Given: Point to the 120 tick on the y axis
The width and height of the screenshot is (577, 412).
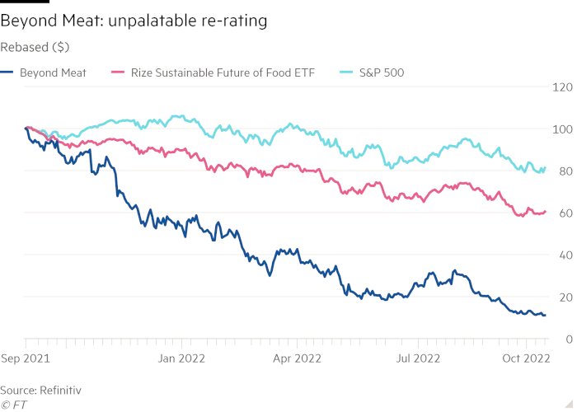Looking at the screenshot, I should click(563, 87).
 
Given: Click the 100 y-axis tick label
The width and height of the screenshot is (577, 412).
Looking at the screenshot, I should click(563, 129).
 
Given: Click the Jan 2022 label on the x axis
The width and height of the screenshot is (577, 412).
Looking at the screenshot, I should click(182, 358).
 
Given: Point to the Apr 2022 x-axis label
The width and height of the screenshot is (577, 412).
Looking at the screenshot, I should click(296, 358).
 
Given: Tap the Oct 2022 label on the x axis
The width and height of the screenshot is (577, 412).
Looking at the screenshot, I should click(526, 358).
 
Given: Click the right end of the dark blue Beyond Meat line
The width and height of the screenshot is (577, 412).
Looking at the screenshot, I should click(544, 315).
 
